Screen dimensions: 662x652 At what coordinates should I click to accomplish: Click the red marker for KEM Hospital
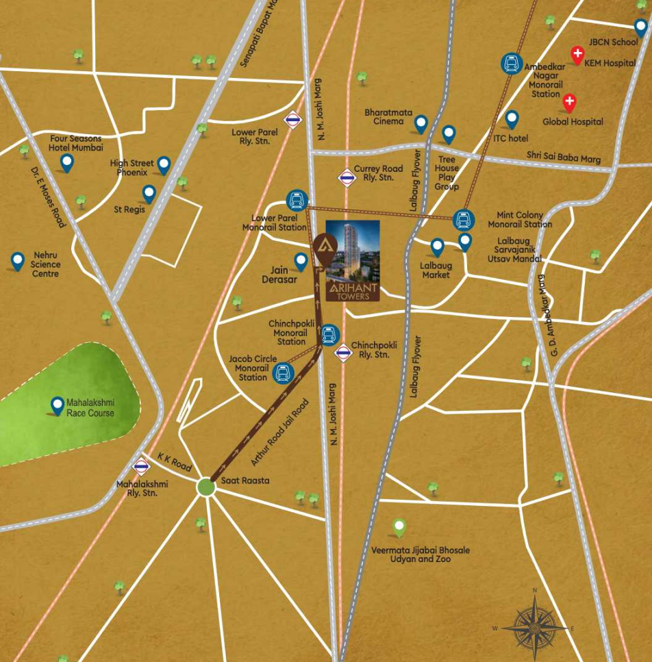click(578, 54)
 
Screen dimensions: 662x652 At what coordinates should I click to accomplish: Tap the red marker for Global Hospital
click(569, 103)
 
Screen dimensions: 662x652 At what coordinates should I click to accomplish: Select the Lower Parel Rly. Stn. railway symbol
click(294, 120)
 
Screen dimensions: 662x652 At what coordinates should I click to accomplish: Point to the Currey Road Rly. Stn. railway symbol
click(347, 177)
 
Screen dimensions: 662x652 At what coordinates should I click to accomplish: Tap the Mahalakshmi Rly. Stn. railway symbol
click(142, 467)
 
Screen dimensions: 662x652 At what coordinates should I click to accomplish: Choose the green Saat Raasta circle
click(206, 487)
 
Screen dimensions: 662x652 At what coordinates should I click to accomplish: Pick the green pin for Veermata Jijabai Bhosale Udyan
click(399, 527)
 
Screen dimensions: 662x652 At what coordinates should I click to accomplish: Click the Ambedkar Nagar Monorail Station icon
click(510, 64)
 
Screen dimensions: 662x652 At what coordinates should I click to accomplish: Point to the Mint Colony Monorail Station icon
click(464, 220)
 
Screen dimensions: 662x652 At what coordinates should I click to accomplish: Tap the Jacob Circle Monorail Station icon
click(283, 373)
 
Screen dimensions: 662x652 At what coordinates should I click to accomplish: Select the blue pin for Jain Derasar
click(301, 261)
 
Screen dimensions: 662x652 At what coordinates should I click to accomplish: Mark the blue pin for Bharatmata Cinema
click(421, 123)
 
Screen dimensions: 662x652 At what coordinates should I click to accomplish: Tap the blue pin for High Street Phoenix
click(164, 164)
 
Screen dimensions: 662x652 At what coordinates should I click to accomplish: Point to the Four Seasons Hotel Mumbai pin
click(67, 162)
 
